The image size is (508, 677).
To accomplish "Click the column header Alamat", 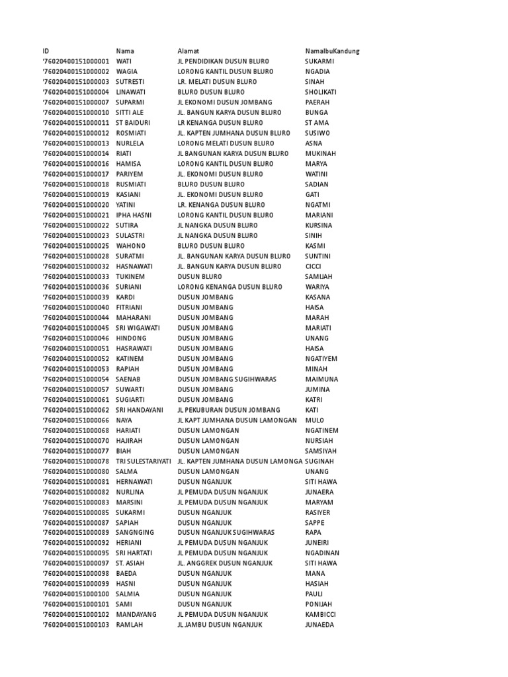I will coord(189,51).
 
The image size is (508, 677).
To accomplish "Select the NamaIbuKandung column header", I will coord(332,51).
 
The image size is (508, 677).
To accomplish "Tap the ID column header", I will coord(46,51).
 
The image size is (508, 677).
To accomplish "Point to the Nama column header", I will coord(125,51).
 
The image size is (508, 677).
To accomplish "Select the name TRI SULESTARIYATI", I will coord(144,461).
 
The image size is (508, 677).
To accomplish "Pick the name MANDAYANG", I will coord(136,614).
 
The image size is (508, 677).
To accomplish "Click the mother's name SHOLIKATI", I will coord(321,92).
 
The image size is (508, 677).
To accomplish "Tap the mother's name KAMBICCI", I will coord(320,614).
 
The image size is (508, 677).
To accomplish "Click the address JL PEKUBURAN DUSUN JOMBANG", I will coord(229,410).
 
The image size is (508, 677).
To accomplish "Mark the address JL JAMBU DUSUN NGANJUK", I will coord(220,625).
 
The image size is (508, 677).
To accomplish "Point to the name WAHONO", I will coord(130,246).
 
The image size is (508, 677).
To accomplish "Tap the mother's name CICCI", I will coord(314,266).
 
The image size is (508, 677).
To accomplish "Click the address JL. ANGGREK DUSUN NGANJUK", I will coord(226,563).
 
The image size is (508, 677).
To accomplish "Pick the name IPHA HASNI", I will coord(133,215).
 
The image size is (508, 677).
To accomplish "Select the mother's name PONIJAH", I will coord(318,604).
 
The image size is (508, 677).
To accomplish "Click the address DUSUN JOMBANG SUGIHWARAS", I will coord(227,379).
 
